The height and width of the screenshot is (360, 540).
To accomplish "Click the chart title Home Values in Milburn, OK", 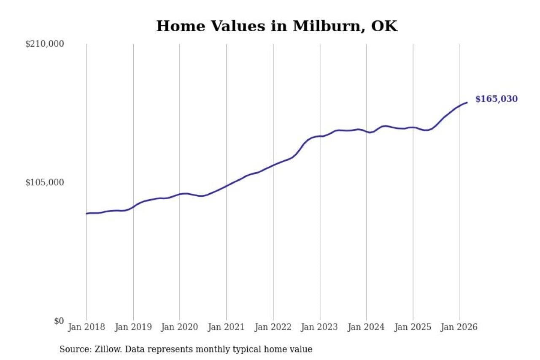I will [277, 26].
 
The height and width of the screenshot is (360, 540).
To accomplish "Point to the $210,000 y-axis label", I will [45, 44].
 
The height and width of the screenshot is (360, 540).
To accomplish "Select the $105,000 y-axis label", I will [45, 182].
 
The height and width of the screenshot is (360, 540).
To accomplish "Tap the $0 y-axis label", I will [59, 321].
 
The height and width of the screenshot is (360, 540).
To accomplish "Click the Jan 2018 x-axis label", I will [87, 328].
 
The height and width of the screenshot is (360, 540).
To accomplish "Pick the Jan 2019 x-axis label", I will [133, 328].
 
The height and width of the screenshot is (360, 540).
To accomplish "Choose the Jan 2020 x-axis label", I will [180, 328].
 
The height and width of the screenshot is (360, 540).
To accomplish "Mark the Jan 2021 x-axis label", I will [227, 328].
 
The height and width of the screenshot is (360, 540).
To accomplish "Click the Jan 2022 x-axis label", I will [273, 328].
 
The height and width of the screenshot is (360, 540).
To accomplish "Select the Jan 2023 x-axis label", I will [320, 328].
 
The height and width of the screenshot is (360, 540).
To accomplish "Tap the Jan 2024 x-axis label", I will [366, 328].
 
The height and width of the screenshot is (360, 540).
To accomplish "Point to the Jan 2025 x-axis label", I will [413, 328].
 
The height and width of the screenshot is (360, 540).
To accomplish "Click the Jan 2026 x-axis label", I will [459, 328].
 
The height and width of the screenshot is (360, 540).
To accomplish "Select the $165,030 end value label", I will [496, 99].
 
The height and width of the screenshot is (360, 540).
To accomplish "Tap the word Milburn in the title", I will [328, 26].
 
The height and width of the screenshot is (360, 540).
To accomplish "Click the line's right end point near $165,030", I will [467, 102].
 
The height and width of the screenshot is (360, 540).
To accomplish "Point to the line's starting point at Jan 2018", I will [87, 214].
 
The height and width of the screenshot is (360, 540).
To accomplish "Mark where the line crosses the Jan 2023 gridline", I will [320, 136].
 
